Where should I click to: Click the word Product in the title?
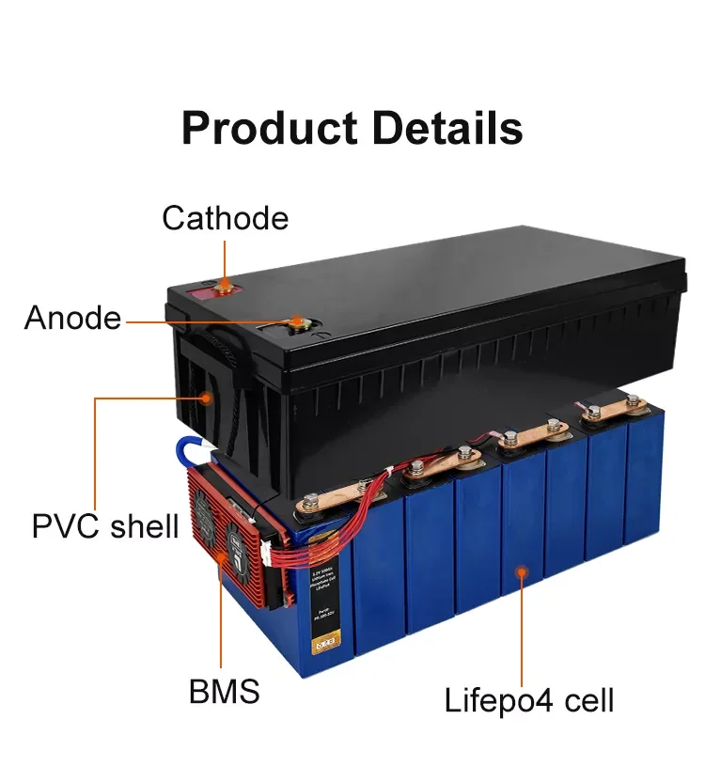coord(269,128)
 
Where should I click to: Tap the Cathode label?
coord(225,218)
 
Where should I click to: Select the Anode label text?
coord(72,319)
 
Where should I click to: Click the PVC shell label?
coord(104,524)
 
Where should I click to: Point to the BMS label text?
coord(224,692)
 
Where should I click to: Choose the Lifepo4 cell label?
coord(529,700)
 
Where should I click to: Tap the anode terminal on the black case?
coord(297,323)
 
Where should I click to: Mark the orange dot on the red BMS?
coord(223,555)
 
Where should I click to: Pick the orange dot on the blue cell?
coord(518,571)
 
